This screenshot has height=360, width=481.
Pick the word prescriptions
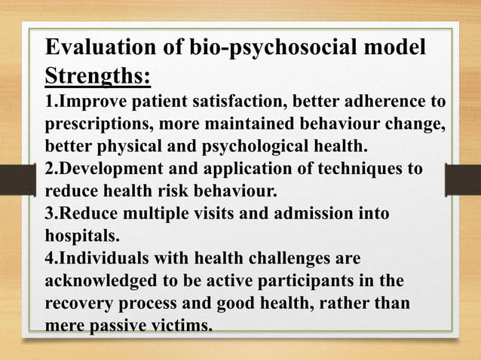click(x=97, y=124)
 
